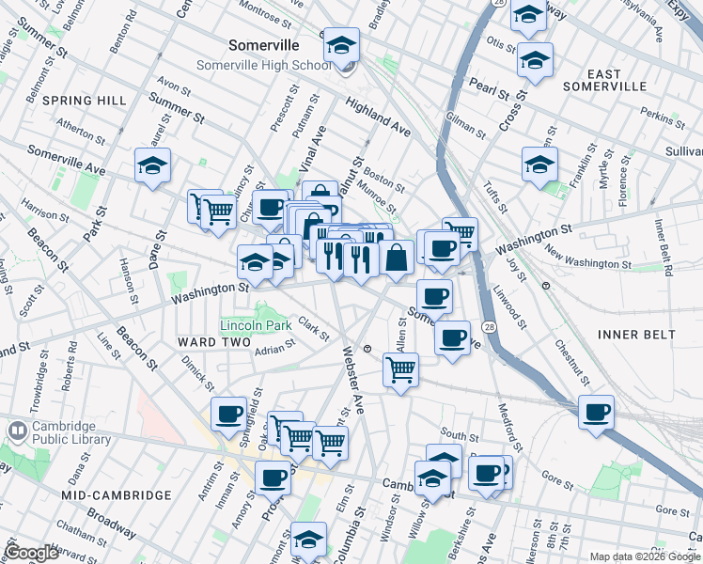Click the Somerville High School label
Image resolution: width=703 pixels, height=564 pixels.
point(263,65)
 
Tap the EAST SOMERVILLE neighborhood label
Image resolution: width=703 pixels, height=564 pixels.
point(605,80)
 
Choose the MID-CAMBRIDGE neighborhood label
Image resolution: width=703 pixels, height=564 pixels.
point(117,495)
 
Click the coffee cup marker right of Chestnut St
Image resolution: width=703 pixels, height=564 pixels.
point(596,411)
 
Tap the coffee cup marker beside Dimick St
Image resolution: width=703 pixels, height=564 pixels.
point(228,413)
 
